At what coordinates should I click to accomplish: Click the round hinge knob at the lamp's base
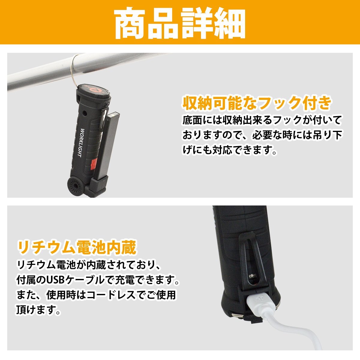(73, 187)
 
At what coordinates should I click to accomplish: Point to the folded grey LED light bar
(112, 144)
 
